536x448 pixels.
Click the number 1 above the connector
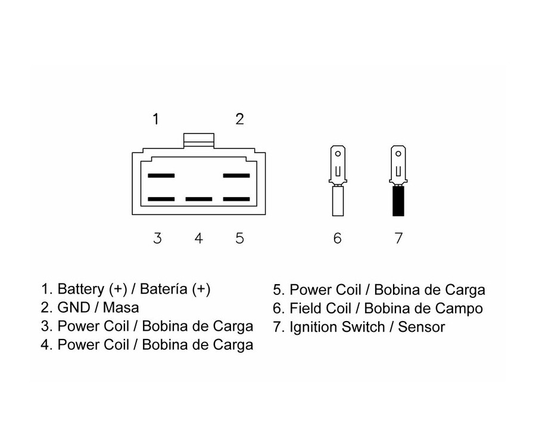(x=156, y=119)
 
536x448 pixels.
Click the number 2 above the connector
(x=239, y=119)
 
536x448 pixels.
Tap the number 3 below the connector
(x=157, y=238)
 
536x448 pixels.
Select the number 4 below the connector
(x=198, y=238)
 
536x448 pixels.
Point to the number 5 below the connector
(x=239, y=238)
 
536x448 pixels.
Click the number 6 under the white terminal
(x=338, y=238)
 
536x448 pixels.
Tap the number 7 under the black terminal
(x=398, y=238)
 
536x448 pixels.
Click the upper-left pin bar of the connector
(x=161, y=176)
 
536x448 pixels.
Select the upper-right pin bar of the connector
(x=236, y=176)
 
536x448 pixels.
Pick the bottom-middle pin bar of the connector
(x=198, y=199)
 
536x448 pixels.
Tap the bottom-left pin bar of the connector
(x=161, y=199)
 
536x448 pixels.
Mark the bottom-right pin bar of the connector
(x=236, y=199)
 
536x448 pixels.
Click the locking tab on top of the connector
(x=198, y=140)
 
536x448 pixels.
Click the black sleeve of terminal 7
(x=398, y=201)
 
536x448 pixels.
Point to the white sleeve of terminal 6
(x=338, y=201)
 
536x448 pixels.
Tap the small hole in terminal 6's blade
(x=338, y=153)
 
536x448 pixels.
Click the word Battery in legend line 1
(x=81, y=290)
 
